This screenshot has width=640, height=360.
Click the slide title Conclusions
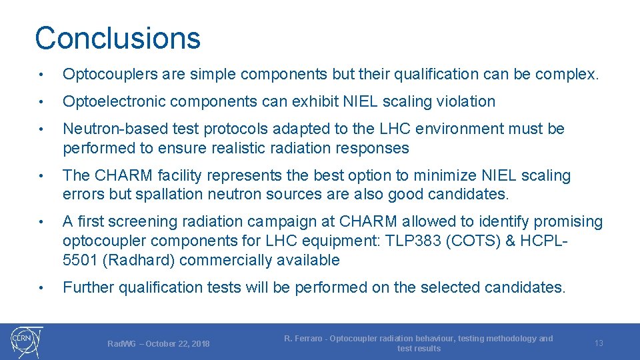coord(117,38)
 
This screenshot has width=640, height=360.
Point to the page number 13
coord(599,343)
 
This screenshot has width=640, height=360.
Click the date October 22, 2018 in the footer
coord(177,344)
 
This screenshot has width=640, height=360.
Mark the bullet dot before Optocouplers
coord(41,75)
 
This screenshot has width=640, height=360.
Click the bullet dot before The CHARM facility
coord(41,177)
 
